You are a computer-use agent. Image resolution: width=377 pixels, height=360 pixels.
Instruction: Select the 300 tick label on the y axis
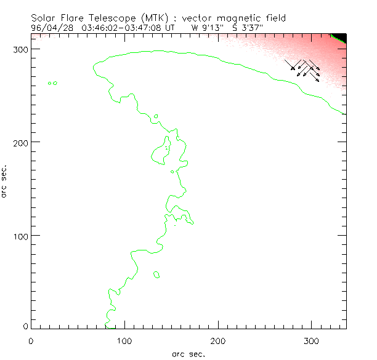(20, 49)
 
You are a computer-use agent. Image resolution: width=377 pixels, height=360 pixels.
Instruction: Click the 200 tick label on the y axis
(20, 142)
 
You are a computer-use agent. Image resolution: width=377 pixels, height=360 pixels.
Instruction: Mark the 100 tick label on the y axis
(20, 236)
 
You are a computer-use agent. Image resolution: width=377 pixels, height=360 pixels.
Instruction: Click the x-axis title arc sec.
(188, 353)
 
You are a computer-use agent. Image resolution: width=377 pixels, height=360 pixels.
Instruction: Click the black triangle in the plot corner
(341, 37)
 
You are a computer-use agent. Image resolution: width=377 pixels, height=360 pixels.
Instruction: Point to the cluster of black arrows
(304, 69)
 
